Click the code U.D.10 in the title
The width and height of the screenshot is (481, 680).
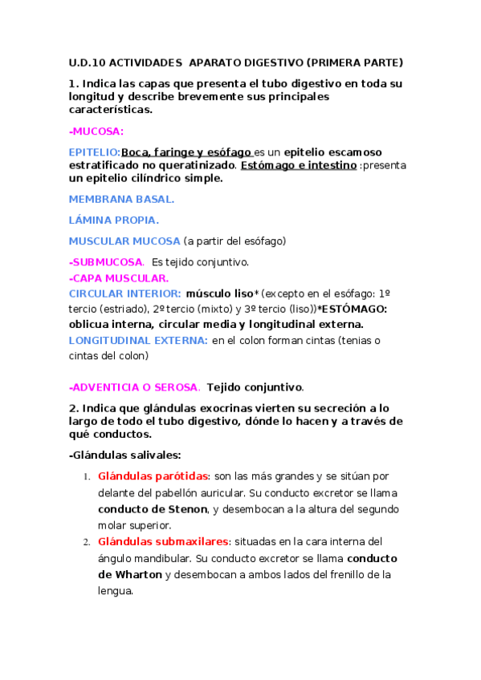click(86, 63)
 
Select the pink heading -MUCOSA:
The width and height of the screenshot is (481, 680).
click(96, 132)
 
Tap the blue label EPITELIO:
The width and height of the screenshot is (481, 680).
click(95, 152)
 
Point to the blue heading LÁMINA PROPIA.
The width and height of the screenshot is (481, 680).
click(114, 219)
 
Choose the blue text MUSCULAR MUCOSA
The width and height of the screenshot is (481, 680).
click(124, 241)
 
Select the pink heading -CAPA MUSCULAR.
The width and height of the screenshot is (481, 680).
click(119, 278)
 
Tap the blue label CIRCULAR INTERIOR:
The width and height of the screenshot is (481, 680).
click(124, 293)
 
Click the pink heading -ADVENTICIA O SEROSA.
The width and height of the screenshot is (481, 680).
click(133, 387)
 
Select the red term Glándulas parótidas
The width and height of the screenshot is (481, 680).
click(153, 476)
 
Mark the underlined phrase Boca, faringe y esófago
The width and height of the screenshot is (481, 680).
click(186, 152)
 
